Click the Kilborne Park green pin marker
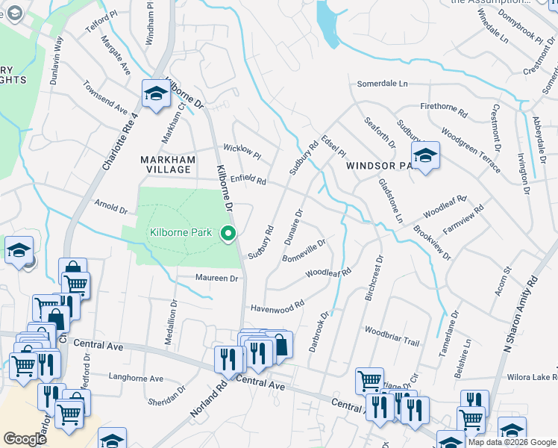pyautogui.click(x=229, y=234)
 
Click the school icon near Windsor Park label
pyautogui.click(x=425, y=155)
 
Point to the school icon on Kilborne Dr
pyautogui.click(x=156, y=94)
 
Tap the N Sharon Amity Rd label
pyautogui.click(x=521, y=314)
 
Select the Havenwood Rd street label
pyautogui.click(x=278, y=306)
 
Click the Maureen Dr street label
pyautogui.click(x=216, y=279)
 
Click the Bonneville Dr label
pyautogui.click(x=304, y=250)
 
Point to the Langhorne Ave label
pyautogui.click(x=136, y=379)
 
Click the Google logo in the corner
pyautogui.click(x=25, y=439)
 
